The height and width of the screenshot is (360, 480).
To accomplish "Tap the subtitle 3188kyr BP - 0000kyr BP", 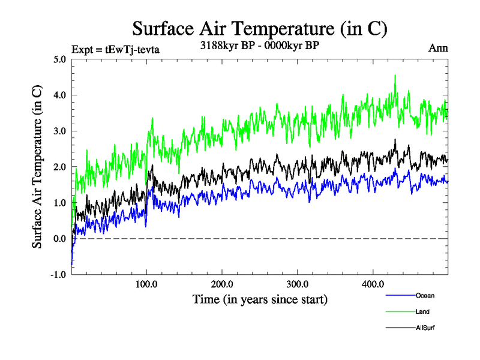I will coord(259,45).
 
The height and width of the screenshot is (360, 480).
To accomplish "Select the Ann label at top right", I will coord(437,48).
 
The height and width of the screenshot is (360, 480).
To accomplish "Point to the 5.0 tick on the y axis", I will coord(59,59).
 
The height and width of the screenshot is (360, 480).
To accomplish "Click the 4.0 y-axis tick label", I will coord(59,95).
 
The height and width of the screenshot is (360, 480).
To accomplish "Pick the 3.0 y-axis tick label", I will coord(59,131).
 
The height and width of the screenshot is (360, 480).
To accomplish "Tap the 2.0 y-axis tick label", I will coord(59,167).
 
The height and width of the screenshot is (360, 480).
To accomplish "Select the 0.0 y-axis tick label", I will coord(59,239).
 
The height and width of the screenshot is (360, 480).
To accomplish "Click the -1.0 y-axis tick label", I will coord(58,275).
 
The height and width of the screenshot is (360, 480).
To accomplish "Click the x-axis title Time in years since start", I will coord(260,298).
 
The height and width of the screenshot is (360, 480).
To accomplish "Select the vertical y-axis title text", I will coord(37,167).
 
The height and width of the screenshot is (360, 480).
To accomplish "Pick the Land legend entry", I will coord(422,311).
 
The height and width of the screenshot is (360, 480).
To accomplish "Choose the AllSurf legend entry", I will coord(424,328).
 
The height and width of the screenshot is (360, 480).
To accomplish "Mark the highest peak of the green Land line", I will coord(395,76).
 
